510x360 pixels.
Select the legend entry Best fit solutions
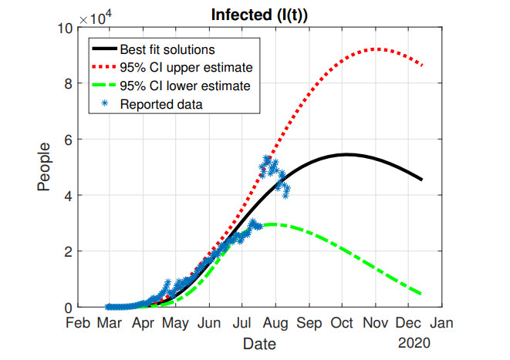[x=167, y=50]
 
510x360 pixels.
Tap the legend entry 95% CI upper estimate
[x=186, y=68]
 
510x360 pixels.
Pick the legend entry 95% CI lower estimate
[x=185, y=86]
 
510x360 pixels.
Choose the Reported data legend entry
[x=160, y=103]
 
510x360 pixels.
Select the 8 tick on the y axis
[x=68, y=84]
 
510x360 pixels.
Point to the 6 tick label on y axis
[x=68, y=140]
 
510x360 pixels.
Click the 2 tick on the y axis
[x=68, y=251]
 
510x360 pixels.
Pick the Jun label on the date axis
[x=209, y=321]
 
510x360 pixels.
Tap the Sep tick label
[x=309, y=321]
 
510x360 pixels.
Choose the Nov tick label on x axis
[x=377, y=321]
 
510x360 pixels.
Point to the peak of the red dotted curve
[x=375, y=49]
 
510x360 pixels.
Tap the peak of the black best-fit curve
[x=345, y=154]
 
